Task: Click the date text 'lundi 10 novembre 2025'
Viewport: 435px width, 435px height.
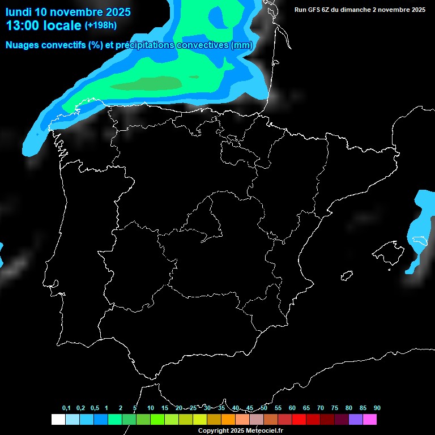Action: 68,12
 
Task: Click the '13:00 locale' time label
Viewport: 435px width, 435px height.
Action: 43,25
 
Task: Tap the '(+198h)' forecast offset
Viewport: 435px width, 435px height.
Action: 100,25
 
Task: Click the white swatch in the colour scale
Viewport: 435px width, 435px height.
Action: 58,419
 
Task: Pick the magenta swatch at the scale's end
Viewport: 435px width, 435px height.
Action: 370,419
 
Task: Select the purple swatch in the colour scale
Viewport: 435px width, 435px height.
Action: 356,419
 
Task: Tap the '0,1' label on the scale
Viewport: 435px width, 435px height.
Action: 66,408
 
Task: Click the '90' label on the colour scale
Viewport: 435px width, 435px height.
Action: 377,408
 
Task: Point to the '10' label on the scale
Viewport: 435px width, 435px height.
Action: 151,408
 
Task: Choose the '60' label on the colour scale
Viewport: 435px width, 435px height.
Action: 292,408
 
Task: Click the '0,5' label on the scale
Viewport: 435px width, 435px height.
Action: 95,408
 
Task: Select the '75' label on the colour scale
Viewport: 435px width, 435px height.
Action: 335,408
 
